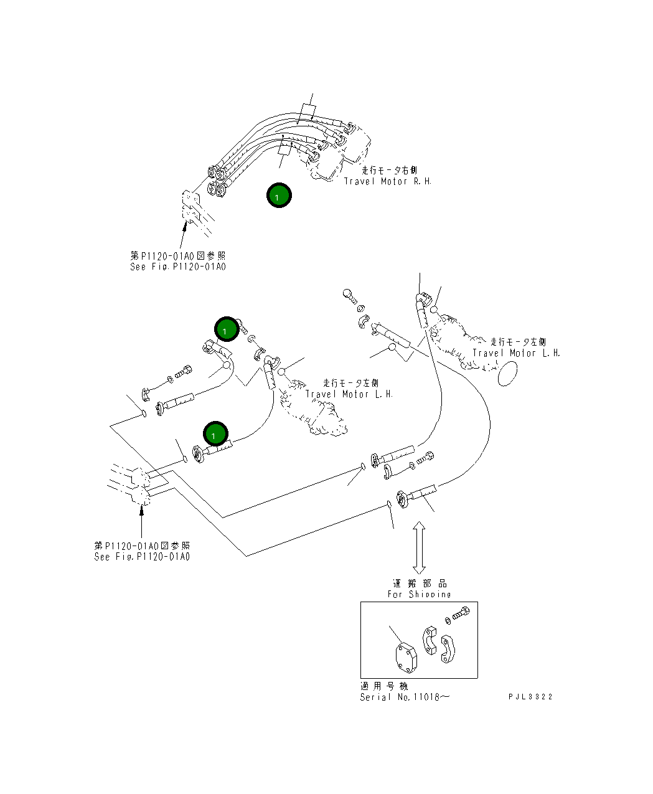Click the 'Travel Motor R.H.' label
point(387,181)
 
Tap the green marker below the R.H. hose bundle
point(279,196)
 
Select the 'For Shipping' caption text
point(419,594)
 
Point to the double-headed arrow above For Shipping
point(419,548)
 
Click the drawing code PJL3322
point(530,697)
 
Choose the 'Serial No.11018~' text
point(404,697)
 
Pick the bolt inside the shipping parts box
point(461,613)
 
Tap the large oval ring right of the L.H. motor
point(508,374)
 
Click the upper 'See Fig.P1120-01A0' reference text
point(178,267)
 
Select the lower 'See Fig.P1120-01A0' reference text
point(142,556)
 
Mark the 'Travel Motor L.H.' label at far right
point(516,353)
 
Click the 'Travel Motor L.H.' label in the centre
point(349,394)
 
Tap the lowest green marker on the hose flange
point(215,434)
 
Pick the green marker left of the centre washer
point(227,329)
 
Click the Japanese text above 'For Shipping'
point(420,584)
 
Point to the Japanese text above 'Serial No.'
point(384,686)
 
